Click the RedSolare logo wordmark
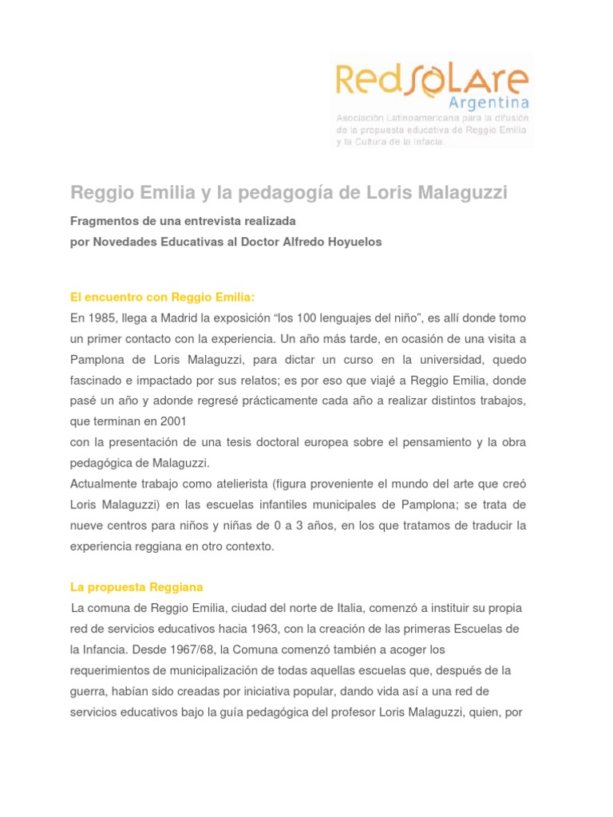(x=431, y=81)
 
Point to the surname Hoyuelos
(x=350, y=242)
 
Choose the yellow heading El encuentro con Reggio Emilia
(x=162, y=297)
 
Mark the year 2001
(x=177, y=421)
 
